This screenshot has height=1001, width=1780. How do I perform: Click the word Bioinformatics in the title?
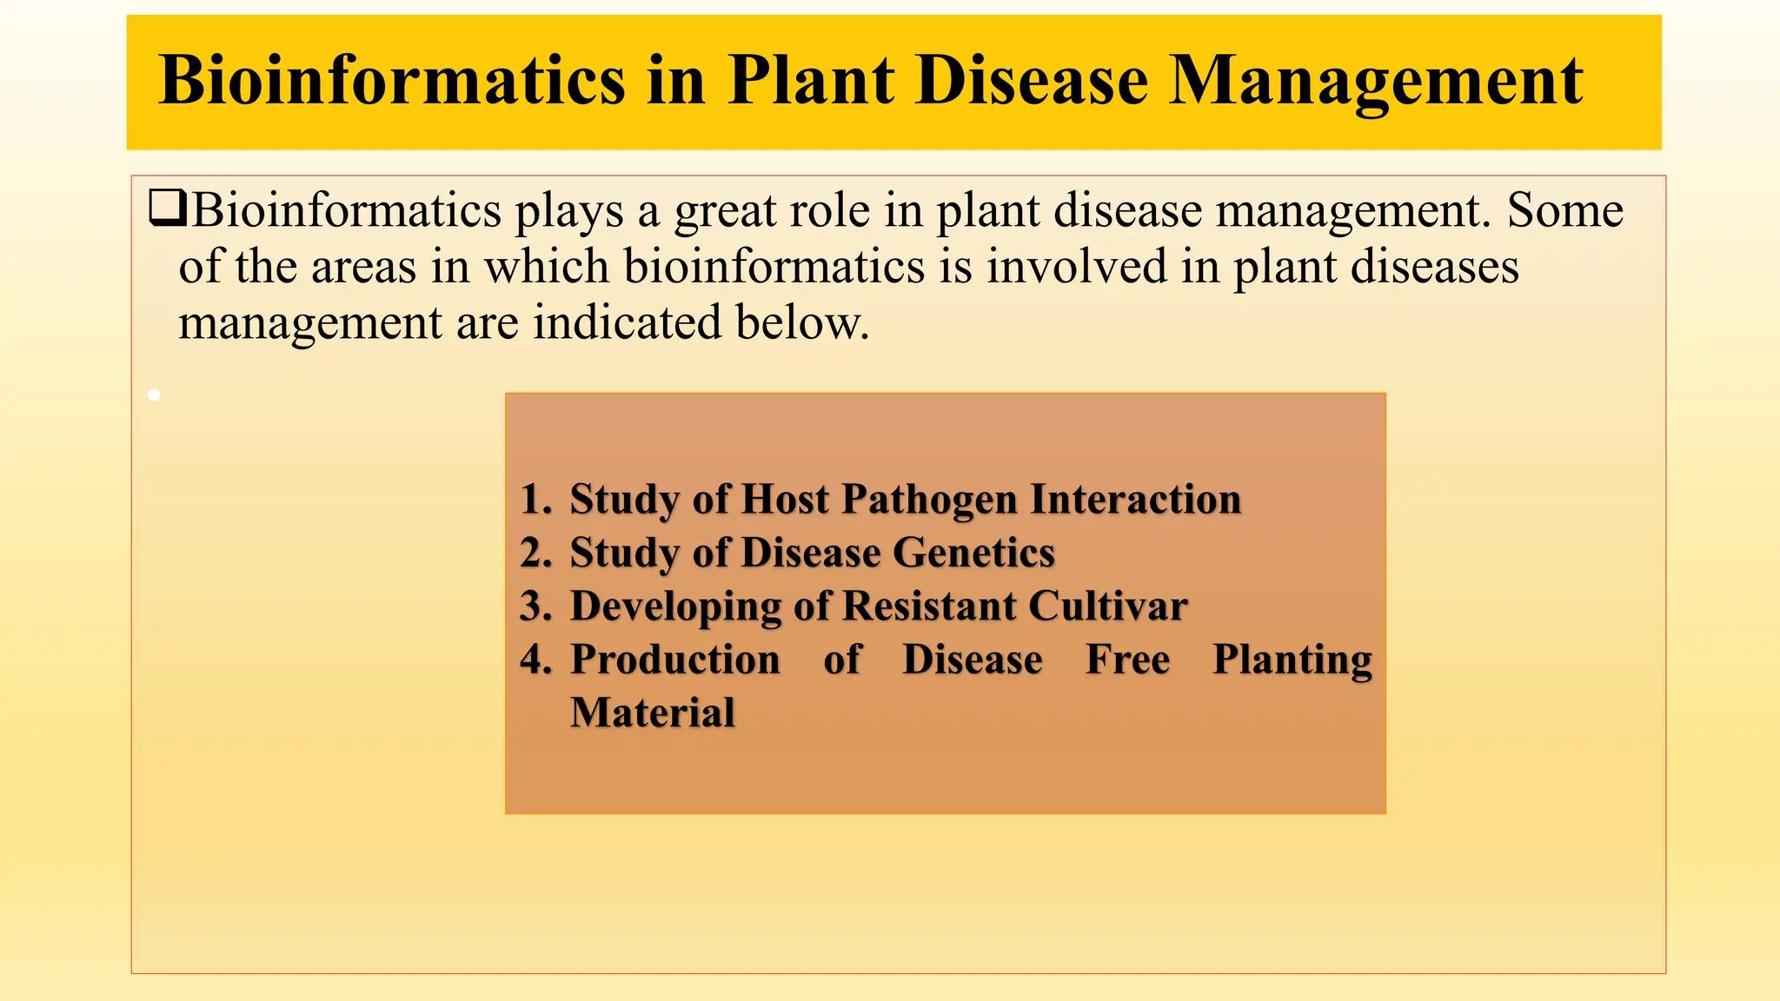pyautogui.click(x=392, y=80)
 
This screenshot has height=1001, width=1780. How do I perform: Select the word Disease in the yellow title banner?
pyautogui.click(x=1032, y=80)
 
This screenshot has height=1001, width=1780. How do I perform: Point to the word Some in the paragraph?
pyautogui.click(x=1564, y=211)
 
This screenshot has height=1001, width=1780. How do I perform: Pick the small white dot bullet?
pyautogui.click(x=154, y=395)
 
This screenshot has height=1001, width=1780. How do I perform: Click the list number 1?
pyautogui.click(x=533, y=500)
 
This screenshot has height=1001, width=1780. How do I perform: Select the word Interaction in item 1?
pyautogui.click(x=1135, y=500)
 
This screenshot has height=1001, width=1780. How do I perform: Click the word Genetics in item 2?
pyautogui.click(x=973, y=553)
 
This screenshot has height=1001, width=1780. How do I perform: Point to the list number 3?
pyautogui.click(x=535, y=607)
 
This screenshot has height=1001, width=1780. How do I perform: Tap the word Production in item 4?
pyautogui.click(x=674, y=660)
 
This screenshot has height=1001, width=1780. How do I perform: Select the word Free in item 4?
pyautogui.click(x=1127, y=660)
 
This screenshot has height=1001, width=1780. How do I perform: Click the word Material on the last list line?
pyautogui.click(x=652, y=713)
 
